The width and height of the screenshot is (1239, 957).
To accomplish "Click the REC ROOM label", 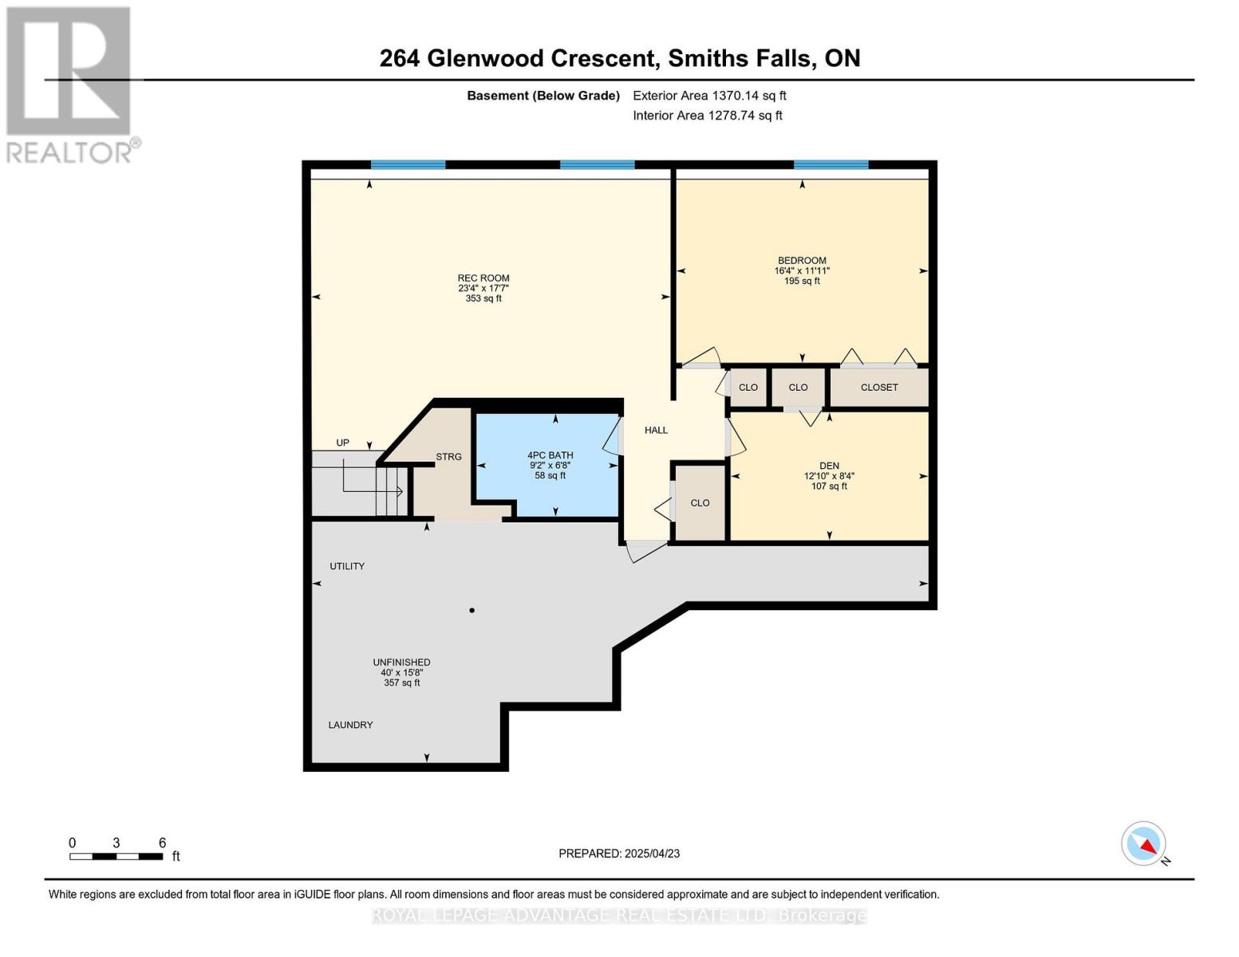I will point(483,278).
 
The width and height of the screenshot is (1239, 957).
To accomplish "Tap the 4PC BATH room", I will point(550,465).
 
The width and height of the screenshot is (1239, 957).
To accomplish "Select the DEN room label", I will point(829,466).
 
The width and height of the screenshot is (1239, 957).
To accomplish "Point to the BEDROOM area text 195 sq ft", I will point(802,282).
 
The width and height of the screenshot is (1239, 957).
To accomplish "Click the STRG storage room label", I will point(448,457).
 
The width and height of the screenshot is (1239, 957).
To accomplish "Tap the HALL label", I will point(656,430).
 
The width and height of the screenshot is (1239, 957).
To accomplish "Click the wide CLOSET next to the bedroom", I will point(879,388).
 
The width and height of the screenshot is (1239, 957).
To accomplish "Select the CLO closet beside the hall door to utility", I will point(700,503).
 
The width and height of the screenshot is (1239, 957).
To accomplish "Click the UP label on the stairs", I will point(342,443).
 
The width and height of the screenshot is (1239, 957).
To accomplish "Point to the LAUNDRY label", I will point(350,725).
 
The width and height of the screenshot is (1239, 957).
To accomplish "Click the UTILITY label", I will point(347,566).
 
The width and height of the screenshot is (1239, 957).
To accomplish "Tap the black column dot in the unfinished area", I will point(472,611).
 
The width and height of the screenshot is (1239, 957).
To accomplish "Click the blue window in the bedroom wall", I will point(831,165).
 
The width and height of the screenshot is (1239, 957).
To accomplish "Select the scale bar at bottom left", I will point(116,857).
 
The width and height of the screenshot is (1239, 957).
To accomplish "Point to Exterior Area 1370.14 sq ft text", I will point(709,96).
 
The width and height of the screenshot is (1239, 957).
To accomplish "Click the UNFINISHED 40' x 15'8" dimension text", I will point(401,672).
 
